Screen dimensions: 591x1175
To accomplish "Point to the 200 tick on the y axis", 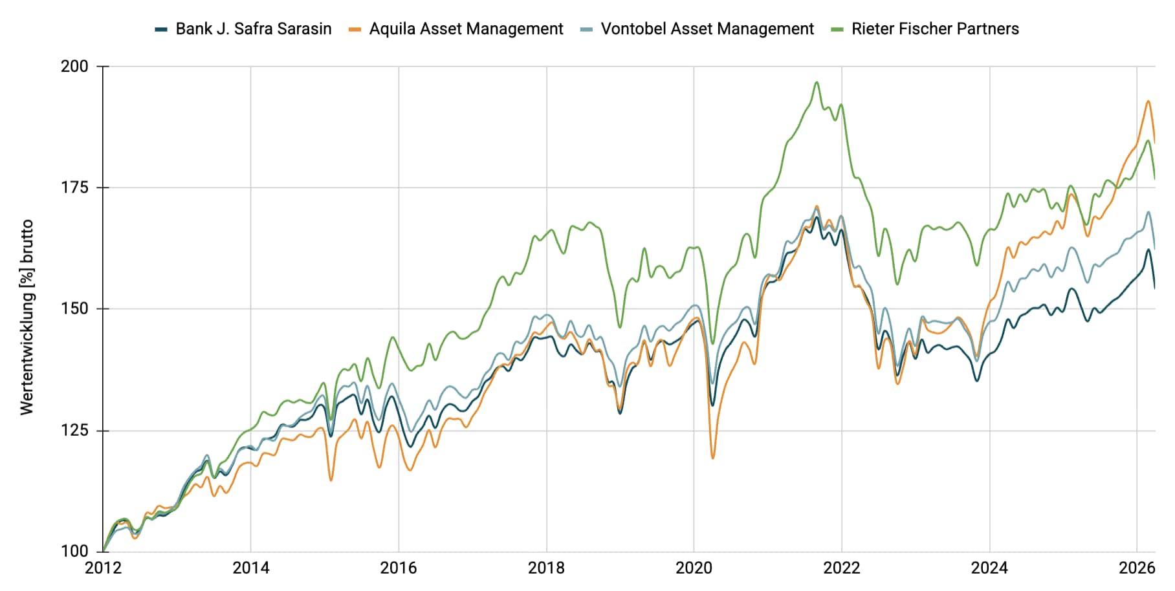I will click(74, 66).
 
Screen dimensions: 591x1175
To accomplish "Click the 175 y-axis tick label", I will click(74, 188).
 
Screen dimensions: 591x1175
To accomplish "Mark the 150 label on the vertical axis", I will click(74, 308).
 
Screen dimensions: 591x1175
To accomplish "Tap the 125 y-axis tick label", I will click(74, 430).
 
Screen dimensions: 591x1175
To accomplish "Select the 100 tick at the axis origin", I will click(74, 551).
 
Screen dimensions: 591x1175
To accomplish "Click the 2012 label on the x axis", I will click(104, 568).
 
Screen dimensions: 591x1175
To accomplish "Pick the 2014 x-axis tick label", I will click(251, 568).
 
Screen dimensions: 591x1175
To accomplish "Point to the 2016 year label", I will click(399, 568).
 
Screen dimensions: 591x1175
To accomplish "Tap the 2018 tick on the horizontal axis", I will click(546, 568).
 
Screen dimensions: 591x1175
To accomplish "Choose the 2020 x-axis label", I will click(694, 568).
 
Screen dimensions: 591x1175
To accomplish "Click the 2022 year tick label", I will click(841, 568).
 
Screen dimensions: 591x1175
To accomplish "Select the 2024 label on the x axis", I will click(989, 568).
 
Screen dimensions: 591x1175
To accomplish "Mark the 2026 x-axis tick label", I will click(1137, 568).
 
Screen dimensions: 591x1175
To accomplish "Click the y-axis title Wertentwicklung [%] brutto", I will click(27, 317).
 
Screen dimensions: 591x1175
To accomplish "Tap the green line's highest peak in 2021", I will click(817, 82).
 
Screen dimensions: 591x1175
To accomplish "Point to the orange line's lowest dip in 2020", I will click(713, 458).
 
